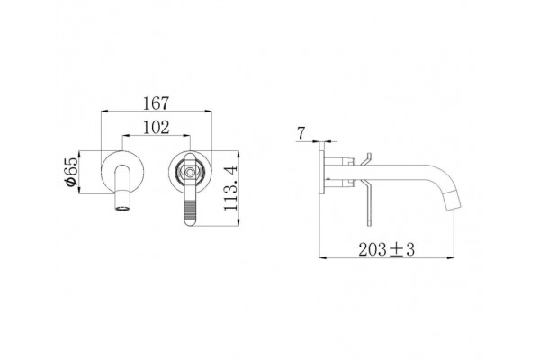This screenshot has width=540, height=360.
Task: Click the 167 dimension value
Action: pos(156,103)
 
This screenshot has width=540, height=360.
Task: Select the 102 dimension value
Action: pos(156,128)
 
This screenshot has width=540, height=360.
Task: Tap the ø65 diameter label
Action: pos(72,172)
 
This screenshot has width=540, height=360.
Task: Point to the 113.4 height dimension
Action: pos(230,188)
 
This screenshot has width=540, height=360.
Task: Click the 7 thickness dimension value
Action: pos(301,134)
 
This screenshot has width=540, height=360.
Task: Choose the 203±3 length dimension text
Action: pos(386,249)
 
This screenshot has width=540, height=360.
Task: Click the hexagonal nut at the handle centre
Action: pos(190,172)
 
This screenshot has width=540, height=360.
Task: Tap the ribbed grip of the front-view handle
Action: pos(190,210)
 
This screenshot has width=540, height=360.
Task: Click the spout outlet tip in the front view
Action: pos(123,208)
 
